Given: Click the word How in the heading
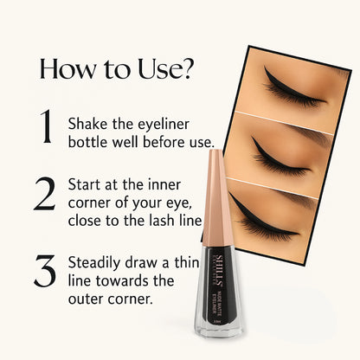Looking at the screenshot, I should (68, 69).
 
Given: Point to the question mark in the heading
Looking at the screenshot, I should (187, 69).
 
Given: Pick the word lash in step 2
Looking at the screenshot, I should (161, 222).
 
